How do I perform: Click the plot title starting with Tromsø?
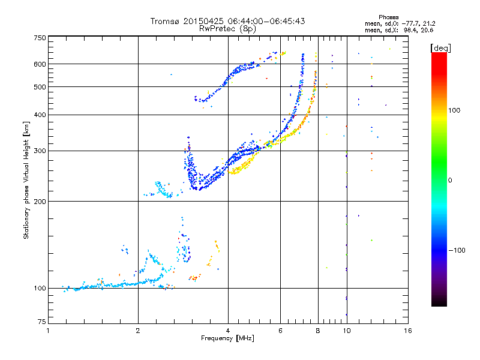pos(227,21)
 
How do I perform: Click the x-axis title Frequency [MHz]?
pos(227,339)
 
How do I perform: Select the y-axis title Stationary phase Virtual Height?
pos(26,180)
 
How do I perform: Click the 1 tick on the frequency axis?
pos(48,331)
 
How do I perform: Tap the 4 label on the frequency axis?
pos(227,331)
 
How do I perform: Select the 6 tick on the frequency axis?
pos(280,331)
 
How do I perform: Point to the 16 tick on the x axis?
pos(407,331)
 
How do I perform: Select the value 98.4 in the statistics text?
pos(410,29)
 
